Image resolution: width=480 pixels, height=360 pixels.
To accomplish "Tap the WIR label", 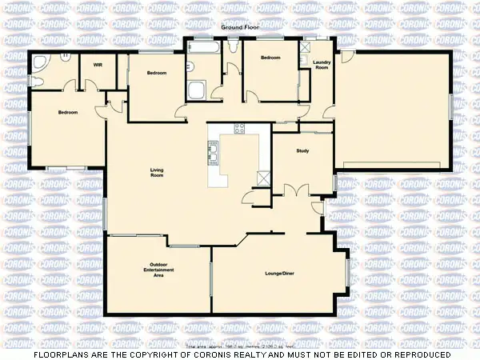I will (x=98, y=64).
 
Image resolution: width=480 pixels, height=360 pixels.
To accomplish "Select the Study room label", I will (x=302, y=150).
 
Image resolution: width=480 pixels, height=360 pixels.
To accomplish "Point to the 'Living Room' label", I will (x=157, y=172).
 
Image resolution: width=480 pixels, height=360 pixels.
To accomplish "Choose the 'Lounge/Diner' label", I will (x=280, y=273).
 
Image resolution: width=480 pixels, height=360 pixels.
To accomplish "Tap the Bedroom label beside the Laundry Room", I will (x=270, y=58).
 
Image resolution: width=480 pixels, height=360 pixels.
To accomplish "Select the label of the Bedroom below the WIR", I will (x=68, y=112).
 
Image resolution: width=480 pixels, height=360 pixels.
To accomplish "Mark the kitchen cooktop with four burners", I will (x=238, y=130).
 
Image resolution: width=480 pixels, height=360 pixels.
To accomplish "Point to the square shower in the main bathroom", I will (x=196, y=90).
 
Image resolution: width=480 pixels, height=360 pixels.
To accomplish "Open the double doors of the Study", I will (x=296, y=190).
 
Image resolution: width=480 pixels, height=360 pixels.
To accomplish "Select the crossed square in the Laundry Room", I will (x=306, y=47).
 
